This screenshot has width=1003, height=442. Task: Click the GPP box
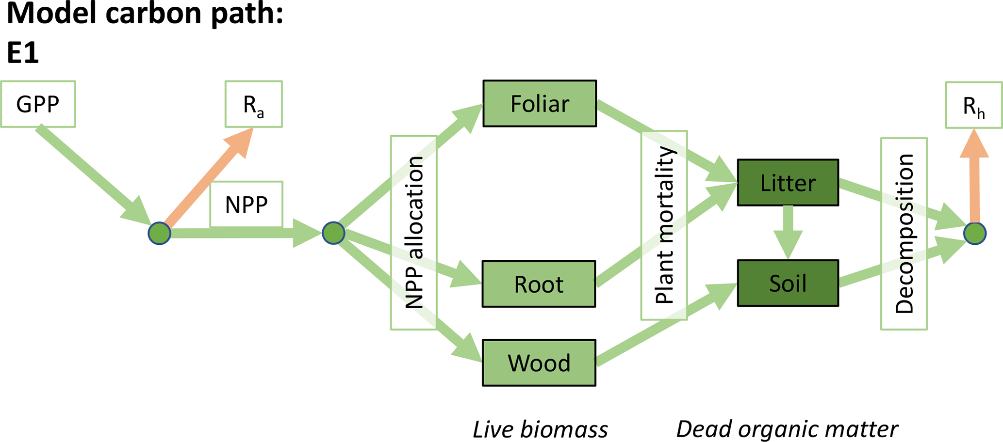point(38,104)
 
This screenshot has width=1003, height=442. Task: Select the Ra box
point(253,104)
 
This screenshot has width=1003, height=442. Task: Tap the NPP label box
point(246,205)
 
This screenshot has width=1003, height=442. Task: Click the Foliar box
point(540,104)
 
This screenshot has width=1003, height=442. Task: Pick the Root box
point(539,284)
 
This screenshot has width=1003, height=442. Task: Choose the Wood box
point(539,363)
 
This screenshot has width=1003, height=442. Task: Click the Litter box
point(788,183)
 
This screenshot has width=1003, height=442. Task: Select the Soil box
point(788,283)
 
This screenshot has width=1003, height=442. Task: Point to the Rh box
point(973,105)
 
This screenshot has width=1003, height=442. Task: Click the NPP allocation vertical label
point(414,233)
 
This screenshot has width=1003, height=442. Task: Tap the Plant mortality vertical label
point(664,225)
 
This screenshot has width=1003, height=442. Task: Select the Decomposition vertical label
point(904,234)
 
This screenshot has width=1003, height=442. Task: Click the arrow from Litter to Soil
point(788,231)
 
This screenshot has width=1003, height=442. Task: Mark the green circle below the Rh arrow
point(975,234)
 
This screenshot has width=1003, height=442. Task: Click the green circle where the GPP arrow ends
point(159,233)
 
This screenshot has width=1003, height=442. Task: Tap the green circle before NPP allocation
point(333,233)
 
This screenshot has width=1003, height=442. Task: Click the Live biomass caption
point(540,429)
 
